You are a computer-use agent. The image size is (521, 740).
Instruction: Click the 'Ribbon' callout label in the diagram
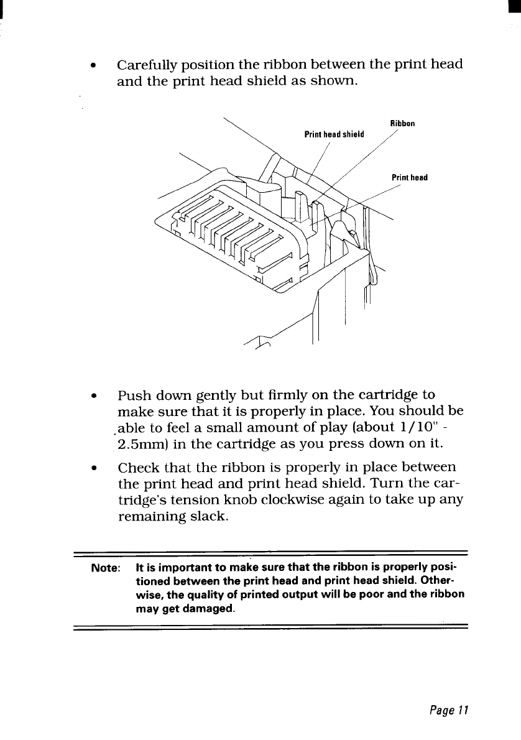click(x=402, y=123)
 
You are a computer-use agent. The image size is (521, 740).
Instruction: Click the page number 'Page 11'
click(x=447, y=709)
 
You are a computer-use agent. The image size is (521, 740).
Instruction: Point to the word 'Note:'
click(x=106, y=568)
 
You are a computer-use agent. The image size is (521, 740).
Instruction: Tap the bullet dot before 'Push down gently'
click(x=92, y=396)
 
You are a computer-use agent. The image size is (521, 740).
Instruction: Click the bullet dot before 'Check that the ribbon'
click(x=92, y=467)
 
